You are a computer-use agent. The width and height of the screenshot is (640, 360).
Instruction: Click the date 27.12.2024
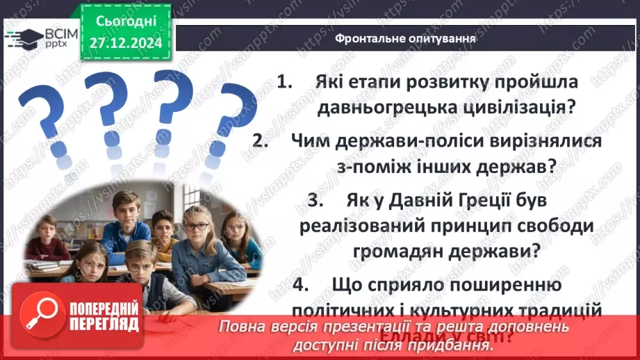coord(126,43)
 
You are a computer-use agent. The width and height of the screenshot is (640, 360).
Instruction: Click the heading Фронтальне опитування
coord(405,39)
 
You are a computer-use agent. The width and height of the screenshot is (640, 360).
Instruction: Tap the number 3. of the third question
coord(316,200)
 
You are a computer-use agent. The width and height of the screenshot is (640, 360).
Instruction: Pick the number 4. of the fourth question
coord(300,284)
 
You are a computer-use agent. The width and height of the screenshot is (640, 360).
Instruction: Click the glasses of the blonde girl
coord(196,227)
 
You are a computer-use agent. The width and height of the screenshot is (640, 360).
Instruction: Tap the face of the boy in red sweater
coord(47,230)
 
